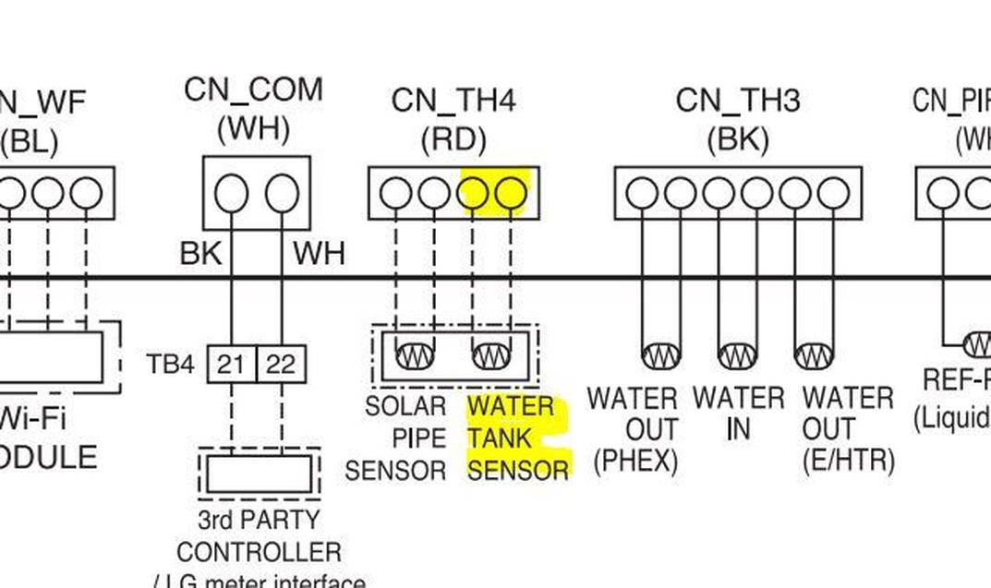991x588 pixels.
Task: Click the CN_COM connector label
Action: [253, 90]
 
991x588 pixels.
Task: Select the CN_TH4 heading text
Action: [453, 100]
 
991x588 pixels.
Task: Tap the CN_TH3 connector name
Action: [737, 100]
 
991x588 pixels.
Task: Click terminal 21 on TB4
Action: [231, 365]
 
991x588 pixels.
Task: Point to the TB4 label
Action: [170, 365]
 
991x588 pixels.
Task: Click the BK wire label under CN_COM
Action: [200, 253]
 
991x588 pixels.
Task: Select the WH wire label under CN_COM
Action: [319, 253]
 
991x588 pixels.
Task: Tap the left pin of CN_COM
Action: [231, 195]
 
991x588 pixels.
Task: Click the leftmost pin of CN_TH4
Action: [395, 194]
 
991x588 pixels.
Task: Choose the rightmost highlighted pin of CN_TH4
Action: [511, 194]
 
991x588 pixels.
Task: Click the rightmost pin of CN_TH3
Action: [832, 194]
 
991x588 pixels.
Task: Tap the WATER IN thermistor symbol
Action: [737, 355]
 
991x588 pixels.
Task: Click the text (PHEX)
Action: [635, 461]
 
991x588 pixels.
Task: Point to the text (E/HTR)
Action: [848, 461]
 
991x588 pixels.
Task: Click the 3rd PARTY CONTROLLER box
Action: [259, 474]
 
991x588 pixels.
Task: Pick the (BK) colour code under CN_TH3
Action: [737, 139]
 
